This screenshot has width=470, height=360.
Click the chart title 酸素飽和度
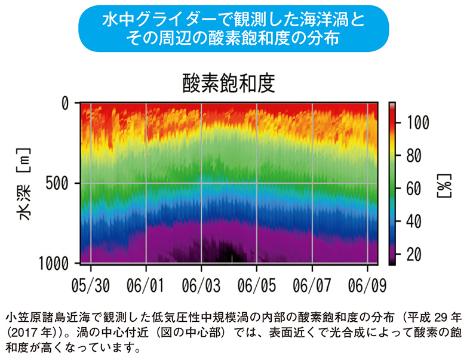[x=228, y=83]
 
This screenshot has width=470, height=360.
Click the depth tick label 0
[x=66, y=103]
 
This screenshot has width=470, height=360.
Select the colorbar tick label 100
[x=416, y=123]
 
